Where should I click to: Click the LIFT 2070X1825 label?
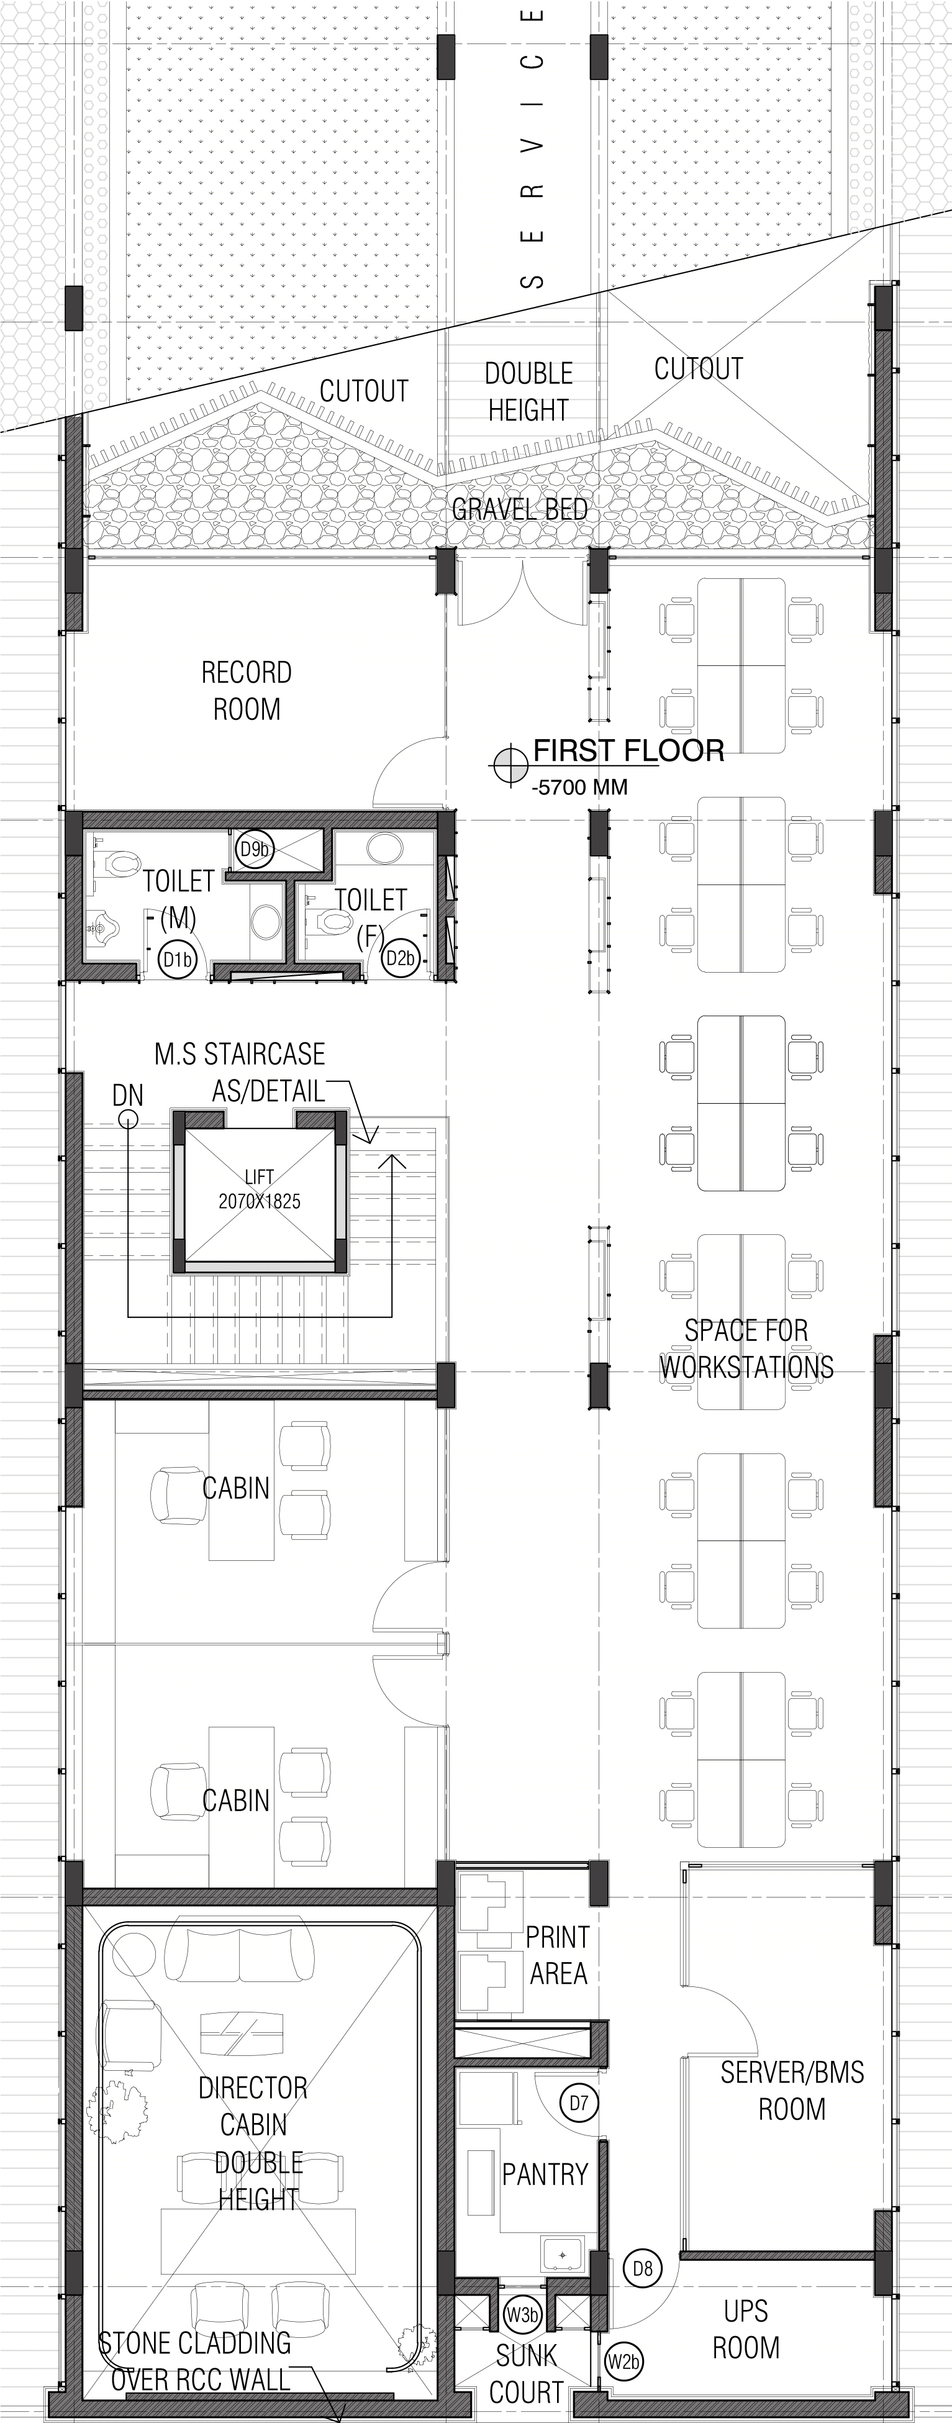(260, 1189)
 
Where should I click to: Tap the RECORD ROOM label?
(247, 691)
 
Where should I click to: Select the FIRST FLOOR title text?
(628, 750)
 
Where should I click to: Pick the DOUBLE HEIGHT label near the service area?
(528, 391)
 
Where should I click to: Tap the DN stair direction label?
(128, 1095)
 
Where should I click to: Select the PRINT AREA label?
(557, 1955)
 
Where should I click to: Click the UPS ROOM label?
(746, 2329)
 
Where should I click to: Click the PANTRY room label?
(545, 2174)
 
